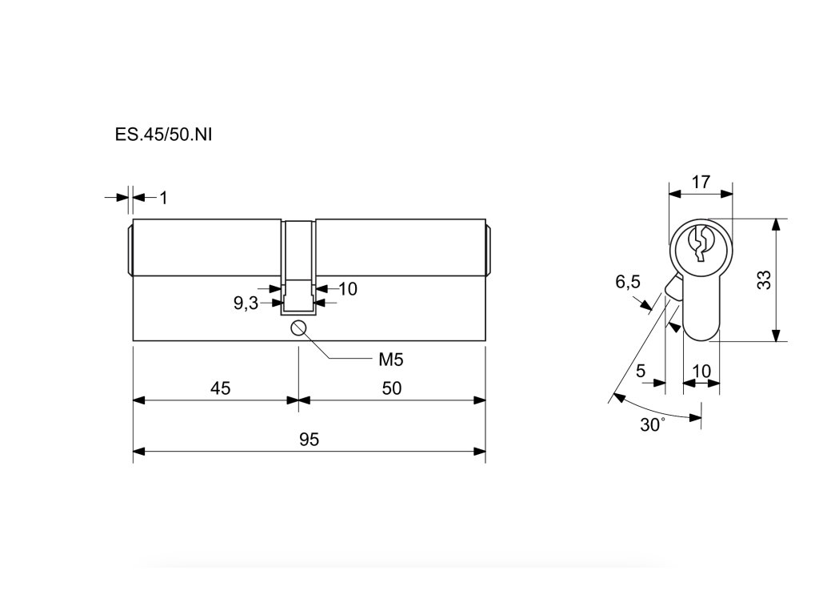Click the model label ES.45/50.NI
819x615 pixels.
click(x=163, y=134)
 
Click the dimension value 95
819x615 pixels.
click(x=309, y=440)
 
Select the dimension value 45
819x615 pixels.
click(x=220, y=388)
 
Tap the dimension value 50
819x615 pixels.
click(x=391, y=388)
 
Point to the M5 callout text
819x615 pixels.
click(x=390, y=360)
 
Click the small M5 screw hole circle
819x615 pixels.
click(x=299, y=327)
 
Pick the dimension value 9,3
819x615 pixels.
click(x=246, y=303)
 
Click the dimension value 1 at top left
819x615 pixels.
click(x=164, y=197)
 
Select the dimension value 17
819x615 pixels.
click(x=701, y=182)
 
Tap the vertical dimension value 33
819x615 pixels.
click(x=763, y=279)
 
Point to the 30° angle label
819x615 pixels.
click(x=652, y=425)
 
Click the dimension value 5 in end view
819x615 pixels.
click(x=640, y=372)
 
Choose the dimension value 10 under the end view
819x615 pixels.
click(x=701, y=372)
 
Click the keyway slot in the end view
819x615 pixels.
click(x=700, y=243)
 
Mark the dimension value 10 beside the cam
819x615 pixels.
click(x=347, y=289)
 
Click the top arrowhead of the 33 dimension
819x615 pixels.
click(x=774, y=225)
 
